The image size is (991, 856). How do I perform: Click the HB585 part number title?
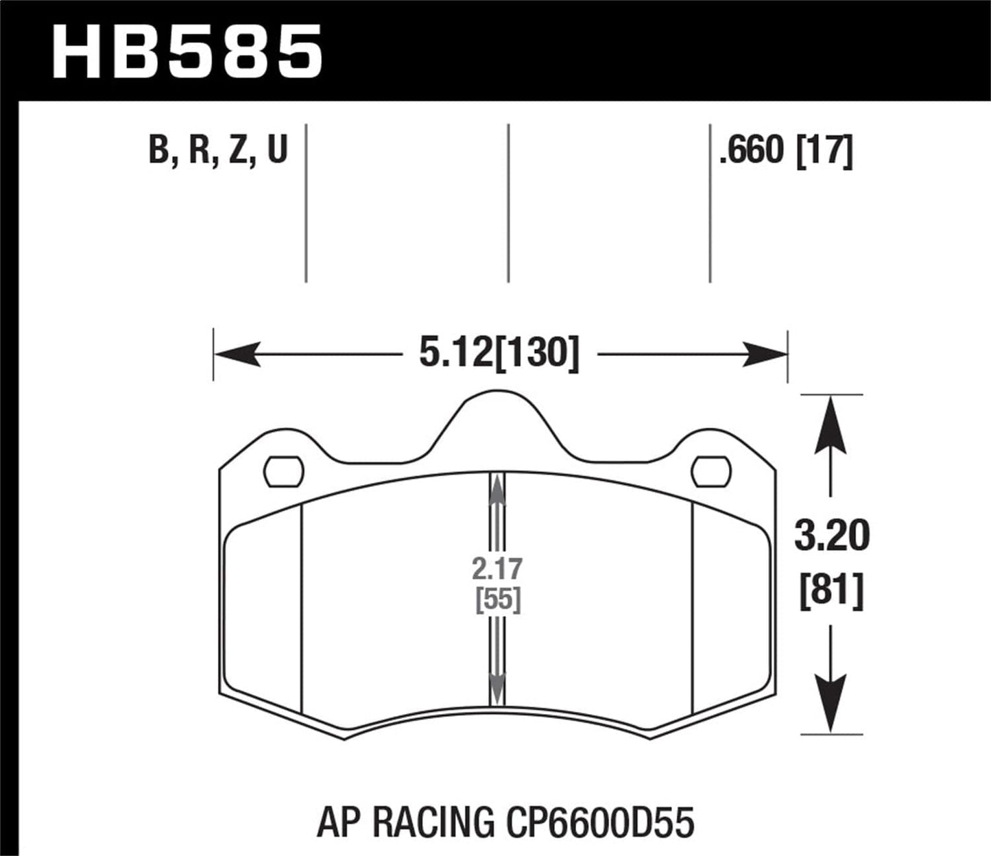pos(187,51)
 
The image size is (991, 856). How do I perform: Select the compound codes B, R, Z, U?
pos(217,150)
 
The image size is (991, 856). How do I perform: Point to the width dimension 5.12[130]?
pos(499,355)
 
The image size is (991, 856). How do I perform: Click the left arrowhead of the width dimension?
pos(237,354)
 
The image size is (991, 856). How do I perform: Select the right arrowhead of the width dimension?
pos(765,354)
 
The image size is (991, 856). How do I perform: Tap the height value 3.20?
pos(831,536)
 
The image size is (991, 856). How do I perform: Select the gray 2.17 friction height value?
pos(497,569)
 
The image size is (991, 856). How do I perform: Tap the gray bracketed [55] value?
pos(498,601)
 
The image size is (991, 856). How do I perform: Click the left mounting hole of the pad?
pos(284,472)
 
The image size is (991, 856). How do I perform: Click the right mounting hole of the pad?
pos(711,472)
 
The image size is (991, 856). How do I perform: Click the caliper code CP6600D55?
pos(597,822)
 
